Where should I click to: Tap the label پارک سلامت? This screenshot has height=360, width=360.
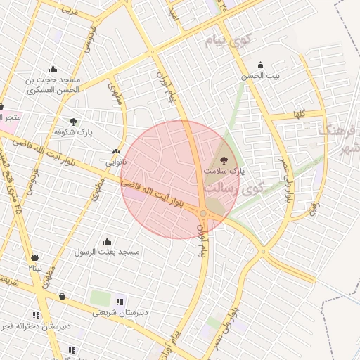224,171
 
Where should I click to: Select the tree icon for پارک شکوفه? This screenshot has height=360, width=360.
74,122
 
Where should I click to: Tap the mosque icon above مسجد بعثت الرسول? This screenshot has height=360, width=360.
107,241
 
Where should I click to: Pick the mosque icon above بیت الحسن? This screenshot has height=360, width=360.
261,65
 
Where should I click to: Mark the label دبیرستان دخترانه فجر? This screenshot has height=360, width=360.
35,327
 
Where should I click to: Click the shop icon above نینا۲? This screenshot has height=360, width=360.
35,257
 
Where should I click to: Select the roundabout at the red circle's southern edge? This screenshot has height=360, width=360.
203,213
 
